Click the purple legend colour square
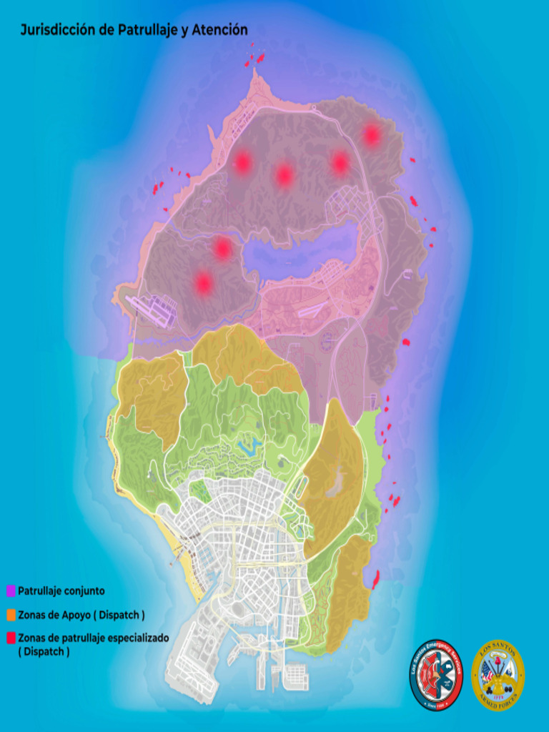click(11, 592)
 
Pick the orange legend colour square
click(11, 615)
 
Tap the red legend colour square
click(11, 638)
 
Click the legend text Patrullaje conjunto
click(61, 591)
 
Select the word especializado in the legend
click(136, 638)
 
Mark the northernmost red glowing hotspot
click(371, 134)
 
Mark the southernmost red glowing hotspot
click(204, 284)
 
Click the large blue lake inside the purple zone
click(300, 250)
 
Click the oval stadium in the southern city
click(237, 608)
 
